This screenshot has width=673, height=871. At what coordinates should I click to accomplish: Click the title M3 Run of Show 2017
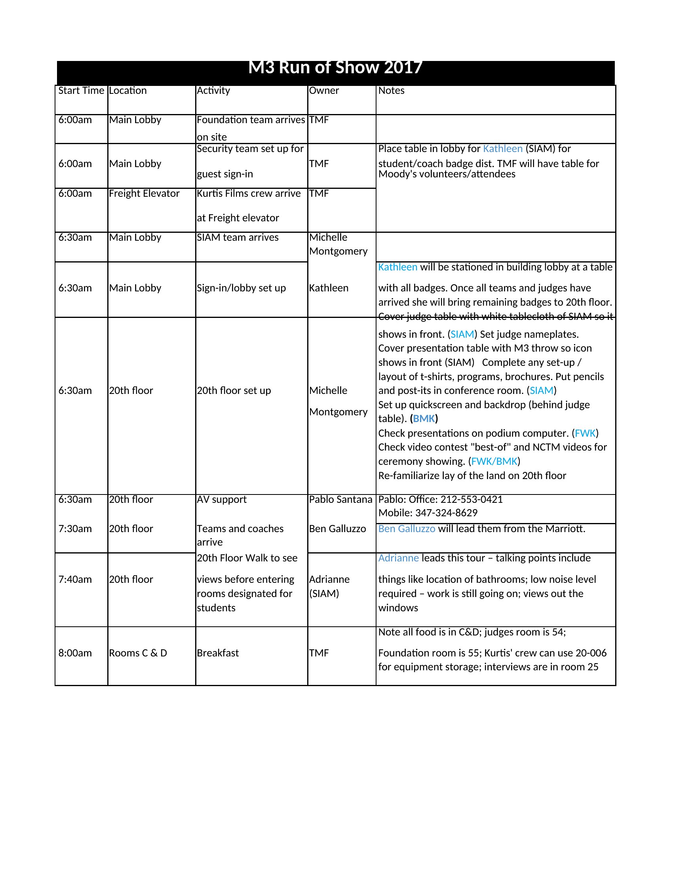tap(335, 68)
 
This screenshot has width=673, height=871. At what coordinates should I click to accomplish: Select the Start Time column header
tap(81, 91)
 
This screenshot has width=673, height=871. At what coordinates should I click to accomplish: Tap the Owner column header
tap(324, 91)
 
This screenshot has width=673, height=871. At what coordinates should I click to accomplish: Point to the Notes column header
tap(391, 91)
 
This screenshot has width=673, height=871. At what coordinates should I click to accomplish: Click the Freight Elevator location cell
tap(144, 194)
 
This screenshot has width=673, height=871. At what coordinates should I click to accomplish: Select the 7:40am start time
tap(75, 579)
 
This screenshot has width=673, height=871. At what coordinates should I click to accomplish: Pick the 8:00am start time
tap(75, 653)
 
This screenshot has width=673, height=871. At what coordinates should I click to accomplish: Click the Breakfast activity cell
tap(218, 653)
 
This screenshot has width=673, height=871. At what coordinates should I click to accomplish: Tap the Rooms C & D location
tap(138, 653)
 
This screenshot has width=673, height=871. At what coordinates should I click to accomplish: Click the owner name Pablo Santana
tap(340, 499)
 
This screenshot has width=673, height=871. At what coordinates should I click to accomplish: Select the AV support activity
tap(222, 499)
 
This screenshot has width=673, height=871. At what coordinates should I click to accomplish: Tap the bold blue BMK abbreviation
tap(424, 418)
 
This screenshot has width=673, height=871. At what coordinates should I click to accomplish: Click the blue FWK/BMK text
tap(494, 461)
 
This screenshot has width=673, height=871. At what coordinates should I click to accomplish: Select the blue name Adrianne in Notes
tap(398, 558)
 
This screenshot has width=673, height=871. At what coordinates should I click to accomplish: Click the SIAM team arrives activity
tap(238, 237)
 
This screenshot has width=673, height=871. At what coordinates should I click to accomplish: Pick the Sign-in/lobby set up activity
tap(241, 288)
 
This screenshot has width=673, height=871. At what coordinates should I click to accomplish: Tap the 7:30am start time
tap(75, 529)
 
